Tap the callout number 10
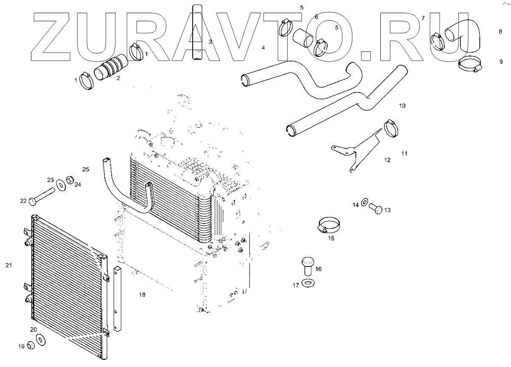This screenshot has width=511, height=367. (402, 105)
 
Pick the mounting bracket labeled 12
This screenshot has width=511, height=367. (359, 148)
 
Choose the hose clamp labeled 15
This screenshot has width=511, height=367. (329, 225)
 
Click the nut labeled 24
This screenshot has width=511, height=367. (70, 180)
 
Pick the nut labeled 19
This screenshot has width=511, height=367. (31, 346)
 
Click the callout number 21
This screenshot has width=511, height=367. (8, 266)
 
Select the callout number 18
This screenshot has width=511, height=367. (142, 294)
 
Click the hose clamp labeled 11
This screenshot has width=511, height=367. (392, 127)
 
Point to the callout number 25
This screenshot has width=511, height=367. (85, 170)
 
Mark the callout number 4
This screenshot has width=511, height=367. (263, 48)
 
